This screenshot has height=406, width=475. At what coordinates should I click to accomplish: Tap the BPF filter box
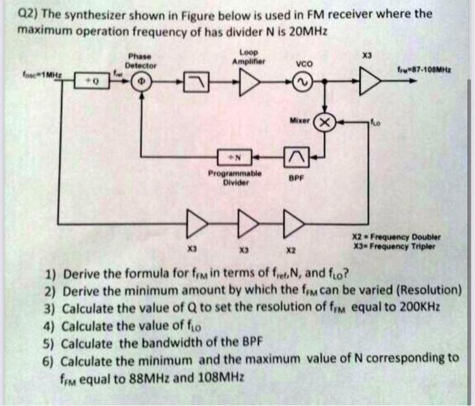295,158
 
